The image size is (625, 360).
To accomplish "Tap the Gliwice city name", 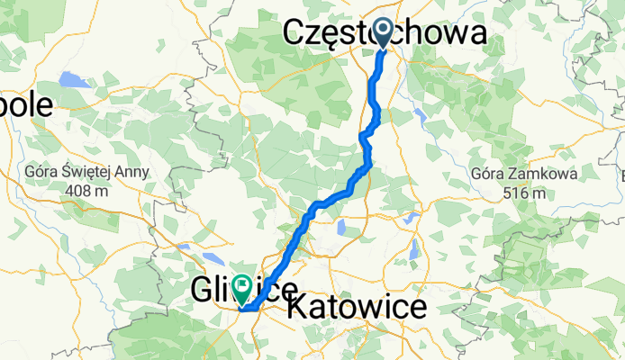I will click(x=244, y=290).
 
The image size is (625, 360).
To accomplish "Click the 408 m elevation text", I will click(x=94, y=191).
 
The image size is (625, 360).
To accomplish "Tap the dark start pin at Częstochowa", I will click(x=383, y=33).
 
